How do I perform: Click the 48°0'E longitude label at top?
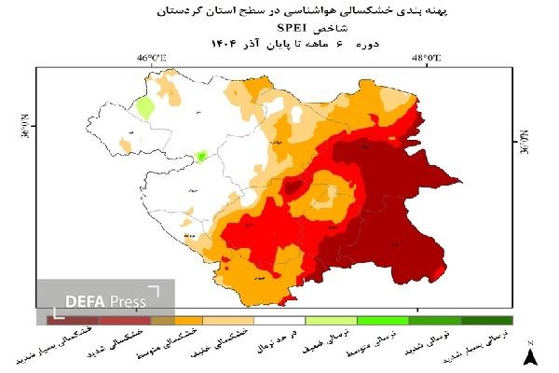click(x=427, y=59)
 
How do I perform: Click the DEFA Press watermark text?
click(x=104, y=301)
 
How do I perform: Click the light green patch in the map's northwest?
click(x=144, y=106)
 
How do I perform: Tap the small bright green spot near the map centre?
click(x=201, y=156)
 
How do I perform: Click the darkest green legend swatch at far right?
click(x=486, y=320)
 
